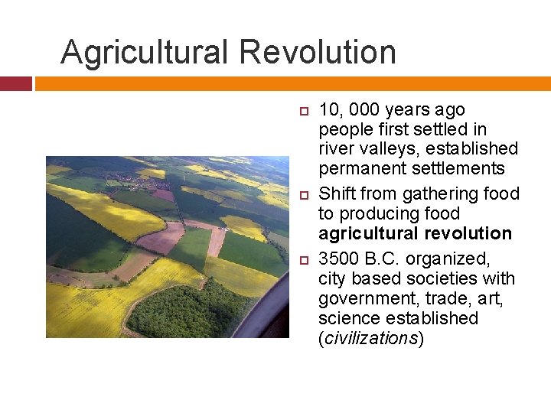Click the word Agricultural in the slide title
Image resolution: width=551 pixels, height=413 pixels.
coord(145,53)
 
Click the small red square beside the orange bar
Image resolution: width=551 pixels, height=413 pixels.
coord(15,83)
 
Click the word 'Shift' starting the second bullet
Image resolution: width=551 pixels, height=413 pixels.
coord(337,194)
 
